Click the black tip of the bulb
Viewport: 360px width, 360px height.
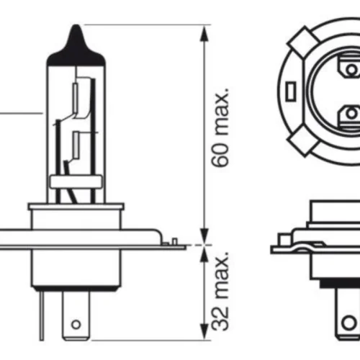(x=76, y=48)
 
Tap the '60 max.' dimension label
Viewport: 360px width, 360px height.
(x=220, y=127)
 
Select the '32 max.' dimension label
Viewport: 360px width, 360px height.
(x=220, y=291)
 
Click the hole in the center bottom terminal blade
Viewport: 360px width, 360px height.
(x=76, y=325)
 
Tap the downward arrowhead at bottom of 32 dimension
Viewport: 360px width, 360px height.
(x=204, y=331)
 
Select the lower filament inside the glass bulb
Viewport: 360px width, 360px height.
(x=76, y=145)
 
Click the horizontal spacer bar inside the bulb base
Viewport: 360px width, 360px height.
(x=76, y=182)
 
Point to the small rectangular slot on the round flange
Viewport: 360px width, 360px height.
(x=290, y=91)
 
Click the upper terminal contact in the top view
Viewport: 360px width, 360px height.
(x=349, y=66)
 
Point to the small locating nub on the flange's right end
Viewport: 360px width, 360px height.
(x=175, y=241)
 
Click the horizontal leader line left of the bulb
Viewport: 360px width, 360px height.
(x=21, y=112)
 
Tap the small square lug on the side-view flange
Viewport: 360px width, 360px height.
(x=284, y=239)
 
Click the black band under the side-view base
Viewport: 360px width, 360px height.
(x=340, y=284)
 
